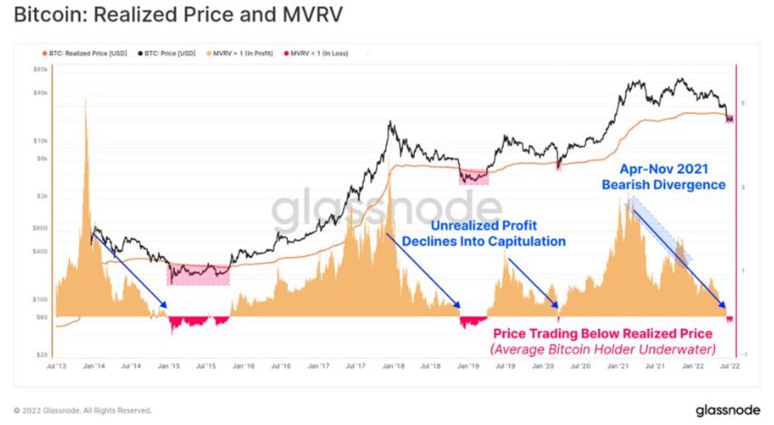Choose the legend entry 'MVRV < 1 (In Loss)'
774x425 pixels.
[317, 53]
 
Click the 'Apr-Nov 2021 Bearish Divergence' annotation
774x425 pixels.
[663, 177]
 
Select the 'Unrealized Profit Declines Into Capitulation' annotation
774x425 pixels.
[498, 233]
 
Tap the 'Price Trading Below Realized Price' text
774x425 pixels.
[602, 334]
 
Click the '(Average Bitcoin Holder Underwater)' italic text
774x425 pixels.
[602, 348]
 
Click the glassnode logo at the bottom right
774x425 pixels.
[727, 409]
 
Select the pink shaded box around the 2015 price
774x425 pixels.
[198, 273]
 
